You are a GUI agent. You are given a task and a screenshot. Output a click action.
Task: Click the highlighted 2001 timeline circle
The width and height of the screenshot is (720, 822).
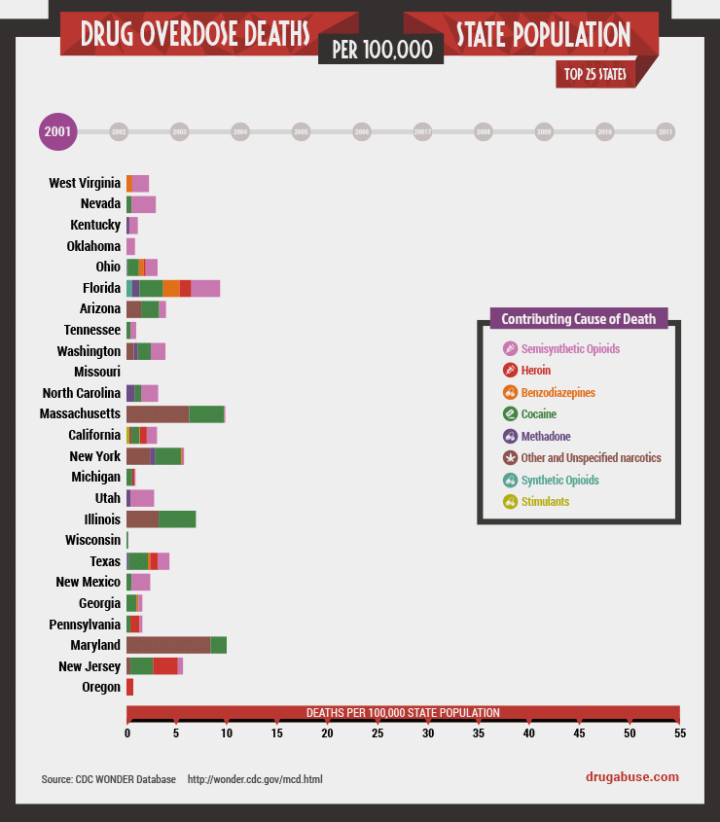[56, 132]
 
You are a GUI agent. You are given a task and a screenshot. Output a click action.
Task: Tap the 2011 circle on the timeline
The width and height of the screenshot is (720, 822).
[666, 131]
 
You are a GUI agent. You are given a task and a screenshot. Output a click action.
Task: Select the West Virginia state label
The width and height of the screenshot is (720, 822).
[85, 183]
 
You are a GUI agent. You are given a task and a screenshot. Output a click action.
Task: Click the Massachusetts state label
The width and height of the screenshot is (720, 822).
[81, 414]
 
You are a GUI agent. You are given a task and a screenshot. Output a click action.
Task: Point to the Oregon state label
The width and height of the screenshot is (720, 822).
[101, 688]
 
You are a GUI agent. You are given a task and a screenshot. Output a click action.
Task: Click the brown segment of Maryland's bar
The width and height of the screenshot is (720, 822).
[167, 645]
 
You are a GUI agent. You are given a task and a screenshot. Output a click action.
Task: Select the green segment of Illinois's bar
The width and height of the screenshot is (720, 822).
[177, 518]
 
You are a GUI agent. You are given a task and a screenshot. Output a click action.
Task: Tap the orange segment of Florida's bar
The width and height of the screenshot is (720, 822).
[170, 288]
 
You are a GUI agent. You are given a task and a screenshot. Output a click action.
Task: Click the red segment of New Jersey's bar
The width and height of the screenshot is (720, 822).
[165, 666]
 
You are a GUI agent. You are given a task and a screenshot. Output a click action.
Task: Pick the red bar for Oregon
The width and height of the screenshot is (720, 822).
[129, 688]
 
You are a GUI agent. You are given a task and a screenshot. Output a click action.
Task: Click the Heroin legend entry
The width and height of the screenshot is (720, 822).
[535, 371]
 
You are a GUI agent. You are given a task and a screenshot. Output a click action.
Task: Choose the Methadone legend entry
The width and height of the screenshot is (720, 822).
[545, 436]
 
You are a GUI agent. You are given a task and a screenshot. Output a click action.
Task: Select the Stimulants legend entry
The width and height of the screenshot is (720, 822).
[545, 502]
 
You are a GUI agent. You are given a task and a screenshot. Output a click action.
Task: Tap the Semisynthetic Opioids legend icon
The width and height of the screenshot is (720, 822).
[510, 348]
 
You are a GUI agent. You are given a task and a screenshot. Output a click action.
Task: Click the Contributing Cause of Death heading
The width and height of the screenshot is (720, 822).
[578, 319]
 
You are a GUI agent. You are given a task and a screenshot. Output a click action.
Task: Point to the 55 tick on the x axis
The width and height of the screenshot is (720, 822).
[679, 733]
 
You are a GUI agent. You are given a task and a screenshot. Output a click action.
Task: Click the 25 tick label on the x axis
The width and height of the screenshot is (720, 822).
[378, 733]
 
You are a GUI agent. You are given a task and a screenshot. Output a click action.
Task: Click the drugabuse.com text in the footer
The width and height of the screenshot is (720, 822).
[632, 776]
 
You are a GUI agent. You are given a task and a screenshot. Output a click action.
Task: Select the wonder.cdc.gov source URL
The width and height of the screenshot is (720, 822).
[254, 779]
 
